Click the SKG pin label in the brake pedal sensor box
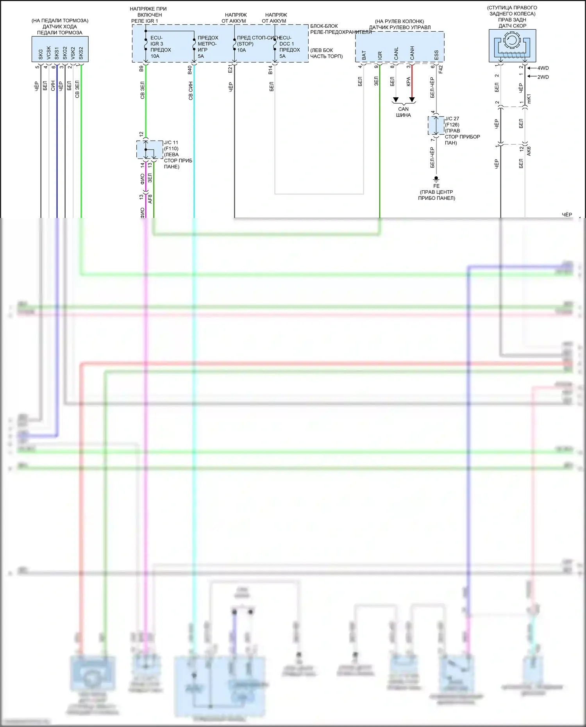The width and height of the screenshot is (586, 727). click(41, 54)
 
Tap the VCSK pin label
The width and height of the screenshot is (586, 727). click(49, 53)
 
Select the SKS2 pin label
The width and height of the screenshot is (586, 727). click(81, 53)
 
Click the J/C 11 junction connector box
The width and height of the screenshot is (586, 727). click(150, 150)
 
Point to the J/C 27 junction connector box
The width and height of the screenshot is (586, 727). click(436, 125)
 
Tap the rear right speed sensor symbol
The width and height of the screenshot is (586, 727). click(512, 45)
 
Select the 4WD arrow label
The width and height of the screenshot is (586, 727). click(543, 68)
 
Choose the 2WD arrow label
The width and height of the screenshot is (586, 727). click(543, 77)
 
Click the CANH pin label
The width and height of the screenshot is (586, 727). click(412, 53)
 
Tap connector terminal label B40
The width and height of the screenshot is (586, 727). click(190, 70)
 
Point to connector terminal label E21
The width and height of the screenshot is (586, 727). click(230, 69)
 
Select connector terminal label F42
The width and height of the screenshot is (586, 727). click(441, 69)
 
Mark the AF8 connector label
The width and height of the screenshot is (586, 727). click(150, 199)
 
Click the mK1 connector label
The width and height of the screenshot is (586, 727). click(529, 99)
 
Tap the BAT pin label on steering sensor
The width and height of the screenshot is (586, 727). click(364, 55)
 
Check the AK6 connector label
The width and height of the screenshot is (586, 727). click(529, 151)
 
